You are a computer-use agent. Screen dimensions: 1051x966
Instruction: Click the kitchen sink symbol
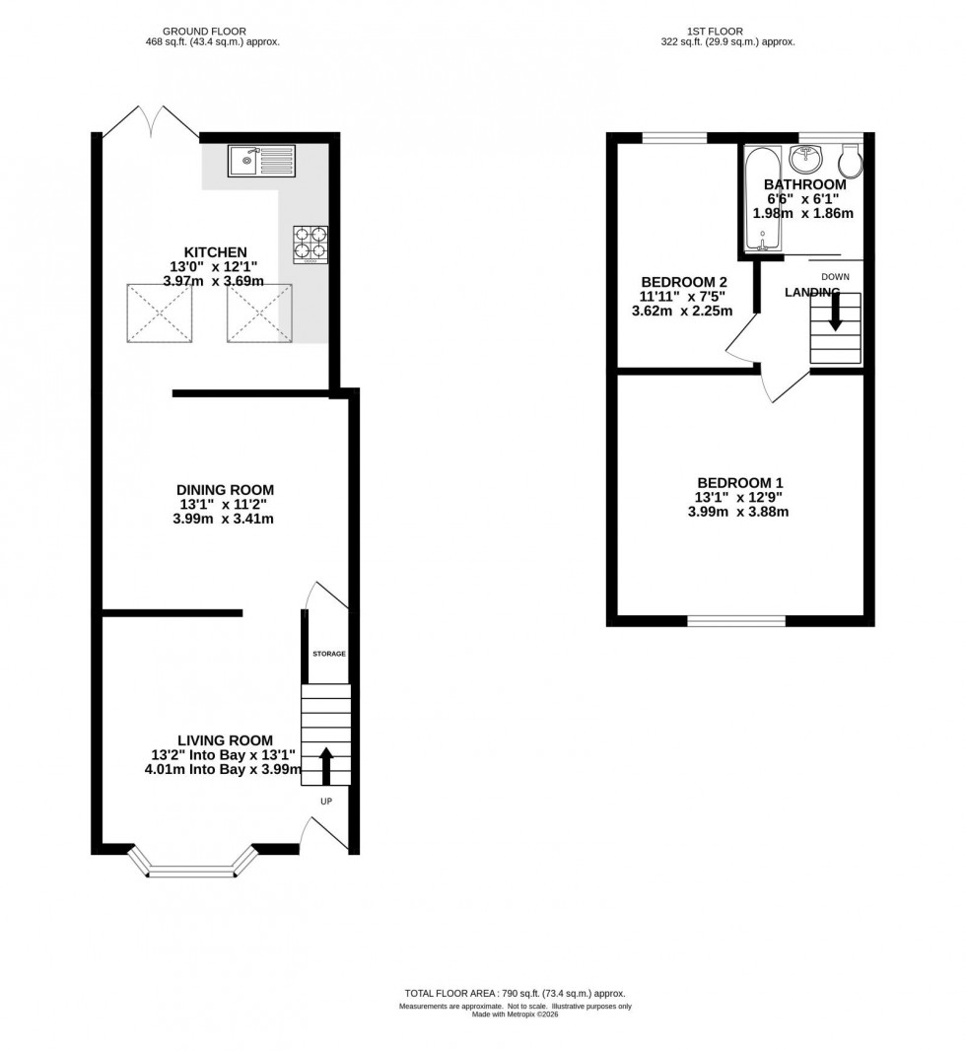point(261,160)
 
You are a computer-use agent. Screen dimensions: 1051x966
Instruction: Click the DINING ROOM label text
point(225,490)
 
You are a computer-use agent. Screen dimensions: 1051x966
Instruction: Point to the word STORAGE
point(329,654)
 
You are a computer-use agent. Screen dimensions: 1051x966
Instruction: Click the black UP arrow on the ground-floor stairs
point(325,762)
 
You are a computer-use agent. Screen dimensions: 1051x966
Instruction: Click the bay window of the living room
point(192,865)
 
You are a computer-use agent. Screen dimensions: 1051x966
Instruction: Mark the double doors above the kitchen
point(151,122)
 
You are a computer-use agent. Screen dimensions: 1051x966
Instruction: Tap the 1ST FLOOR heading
point(726,32)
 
